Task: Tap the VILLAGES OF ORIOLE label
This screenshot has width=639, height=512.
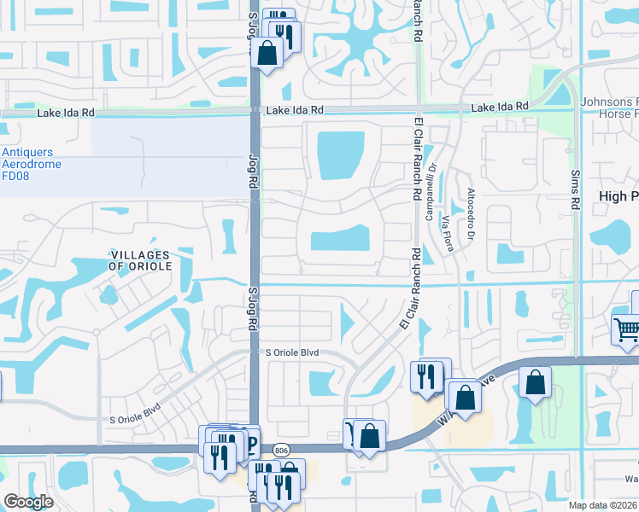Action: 141,260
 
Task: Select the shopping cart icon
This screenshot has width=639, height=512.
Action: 625,329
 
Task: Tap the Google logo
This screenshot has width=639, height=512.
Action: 28,502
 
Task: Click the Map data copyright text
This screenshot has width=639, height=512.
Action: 603,505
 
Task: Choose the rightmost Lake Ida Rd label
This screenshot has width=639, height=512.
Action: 500,106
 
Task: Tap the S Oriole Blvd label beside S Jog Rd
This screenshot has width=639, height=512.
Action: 291,352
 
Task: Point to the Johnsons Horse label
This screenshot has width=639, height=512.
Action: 609,108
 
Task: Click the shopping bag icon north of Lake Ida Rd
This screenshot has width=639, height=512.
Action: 267,54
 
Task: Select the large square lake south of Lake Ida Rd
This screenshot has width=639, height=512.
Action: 341,155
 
